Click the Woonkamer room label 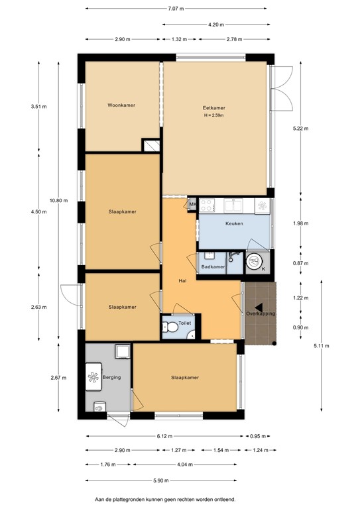[121, 105]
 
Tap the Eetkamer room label [213, 108]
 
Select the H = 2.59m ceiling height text [214, 116]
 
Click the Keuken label [234, 223]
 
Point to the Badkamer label [212, 267]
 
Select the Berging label [112, 377]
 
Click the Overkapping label [260, 313]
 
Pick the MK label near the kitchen [192, 204]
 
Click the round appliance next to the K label [254, 262]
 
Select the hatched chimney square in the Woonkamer [151, 146]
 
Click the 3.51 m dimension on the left [39, 105]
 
